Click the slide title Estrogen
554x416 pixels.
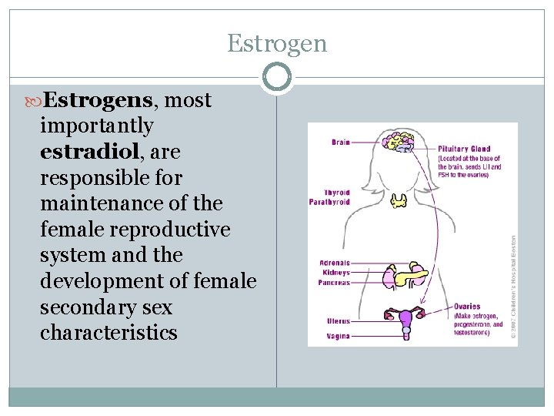pos(277,44)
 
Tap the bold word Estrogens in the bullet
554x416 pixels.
pos(98,99)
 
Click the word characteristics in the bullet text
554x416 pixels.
pos(108,334)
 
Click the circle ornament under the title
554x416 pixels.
pos(277,77)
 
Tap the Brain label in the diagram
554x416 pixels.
pos(340,143)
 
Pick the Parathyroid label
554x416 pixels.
pos(329,202)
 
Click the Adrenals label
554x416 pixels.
pos(335,263)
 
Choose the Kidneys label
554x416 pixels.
pos(335,273)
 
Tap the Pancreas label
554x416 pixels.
pos(334,283)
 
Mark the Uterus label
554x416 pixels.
pos(338,321)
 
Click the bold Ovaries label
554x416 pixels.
pos(467,307)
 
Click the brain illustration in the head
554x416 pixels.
pos(400,142)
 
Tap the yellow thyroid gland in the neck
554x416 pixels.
pos(400,201)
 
